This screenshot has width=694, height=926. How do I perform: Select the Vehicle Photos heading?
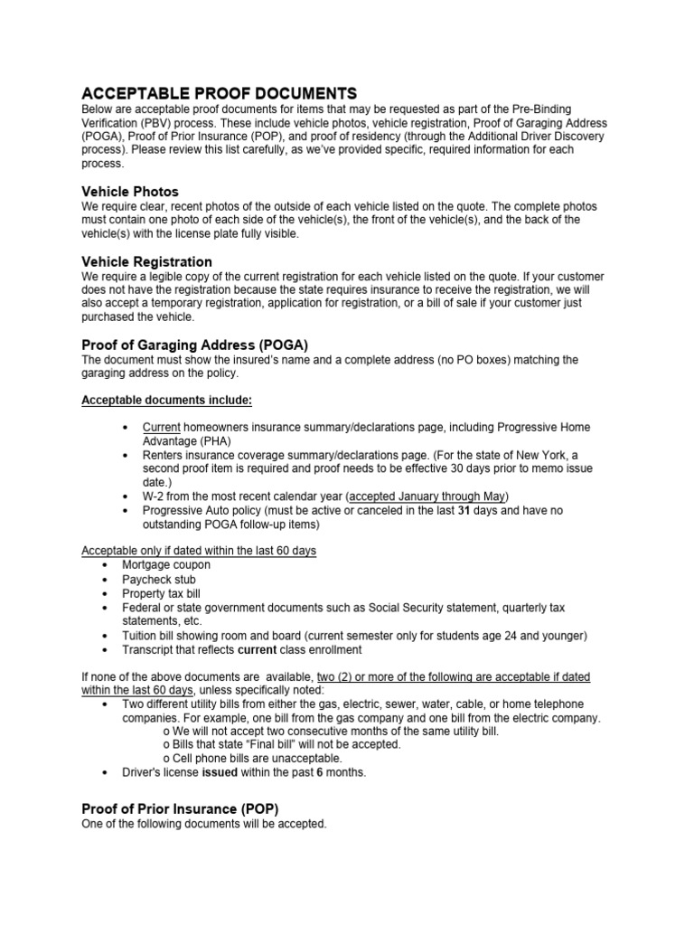click(x=130, y=192)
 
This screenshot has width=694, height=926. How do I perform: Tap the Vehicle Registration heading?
click(x=147, y=261)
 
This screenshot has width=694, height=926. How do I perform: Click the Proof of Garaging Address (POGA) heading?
click(x=195, y=345)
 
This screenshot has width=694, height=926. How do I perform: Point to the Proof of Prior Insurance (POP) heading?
click(x=180, y=808)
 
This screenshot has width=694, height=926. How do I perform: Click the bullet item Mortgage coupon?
click(x=166, y=565)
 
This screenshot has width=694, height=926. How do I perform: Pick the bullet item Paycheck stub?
click(x=159, y=580)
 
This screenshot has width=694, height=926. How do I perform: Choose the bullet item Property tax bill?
click(x=162, y=594)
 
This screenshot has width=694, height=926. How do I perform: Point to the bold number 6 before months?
click(x=320, y=772)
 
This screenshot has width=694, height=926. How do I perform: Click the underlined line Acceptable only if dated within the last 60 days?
click(x=199, y=551)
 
